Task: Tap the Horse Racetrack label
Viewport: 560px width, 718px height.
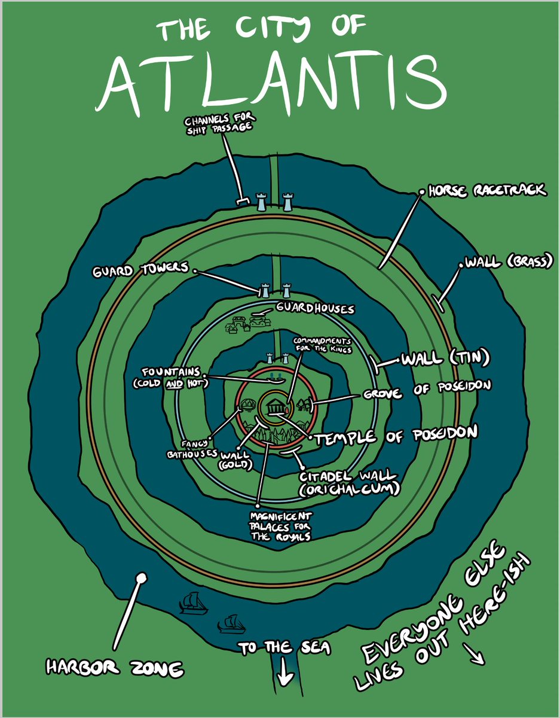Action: (x=487, y=190)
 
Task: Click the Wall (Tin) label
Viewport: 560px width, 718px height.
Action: (x=445, y=359)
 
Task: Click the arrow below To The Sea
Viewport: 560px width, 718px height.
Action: (x=284, y=676)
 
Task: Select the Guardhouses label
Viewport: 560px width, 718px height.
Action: (x=314, y=309)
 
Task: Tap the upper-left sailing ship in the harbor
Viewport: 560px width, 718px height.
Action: (x=193, y=603)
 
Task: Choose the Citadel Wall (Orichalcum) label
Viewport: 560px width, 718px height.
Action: (x=348, y=482)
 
